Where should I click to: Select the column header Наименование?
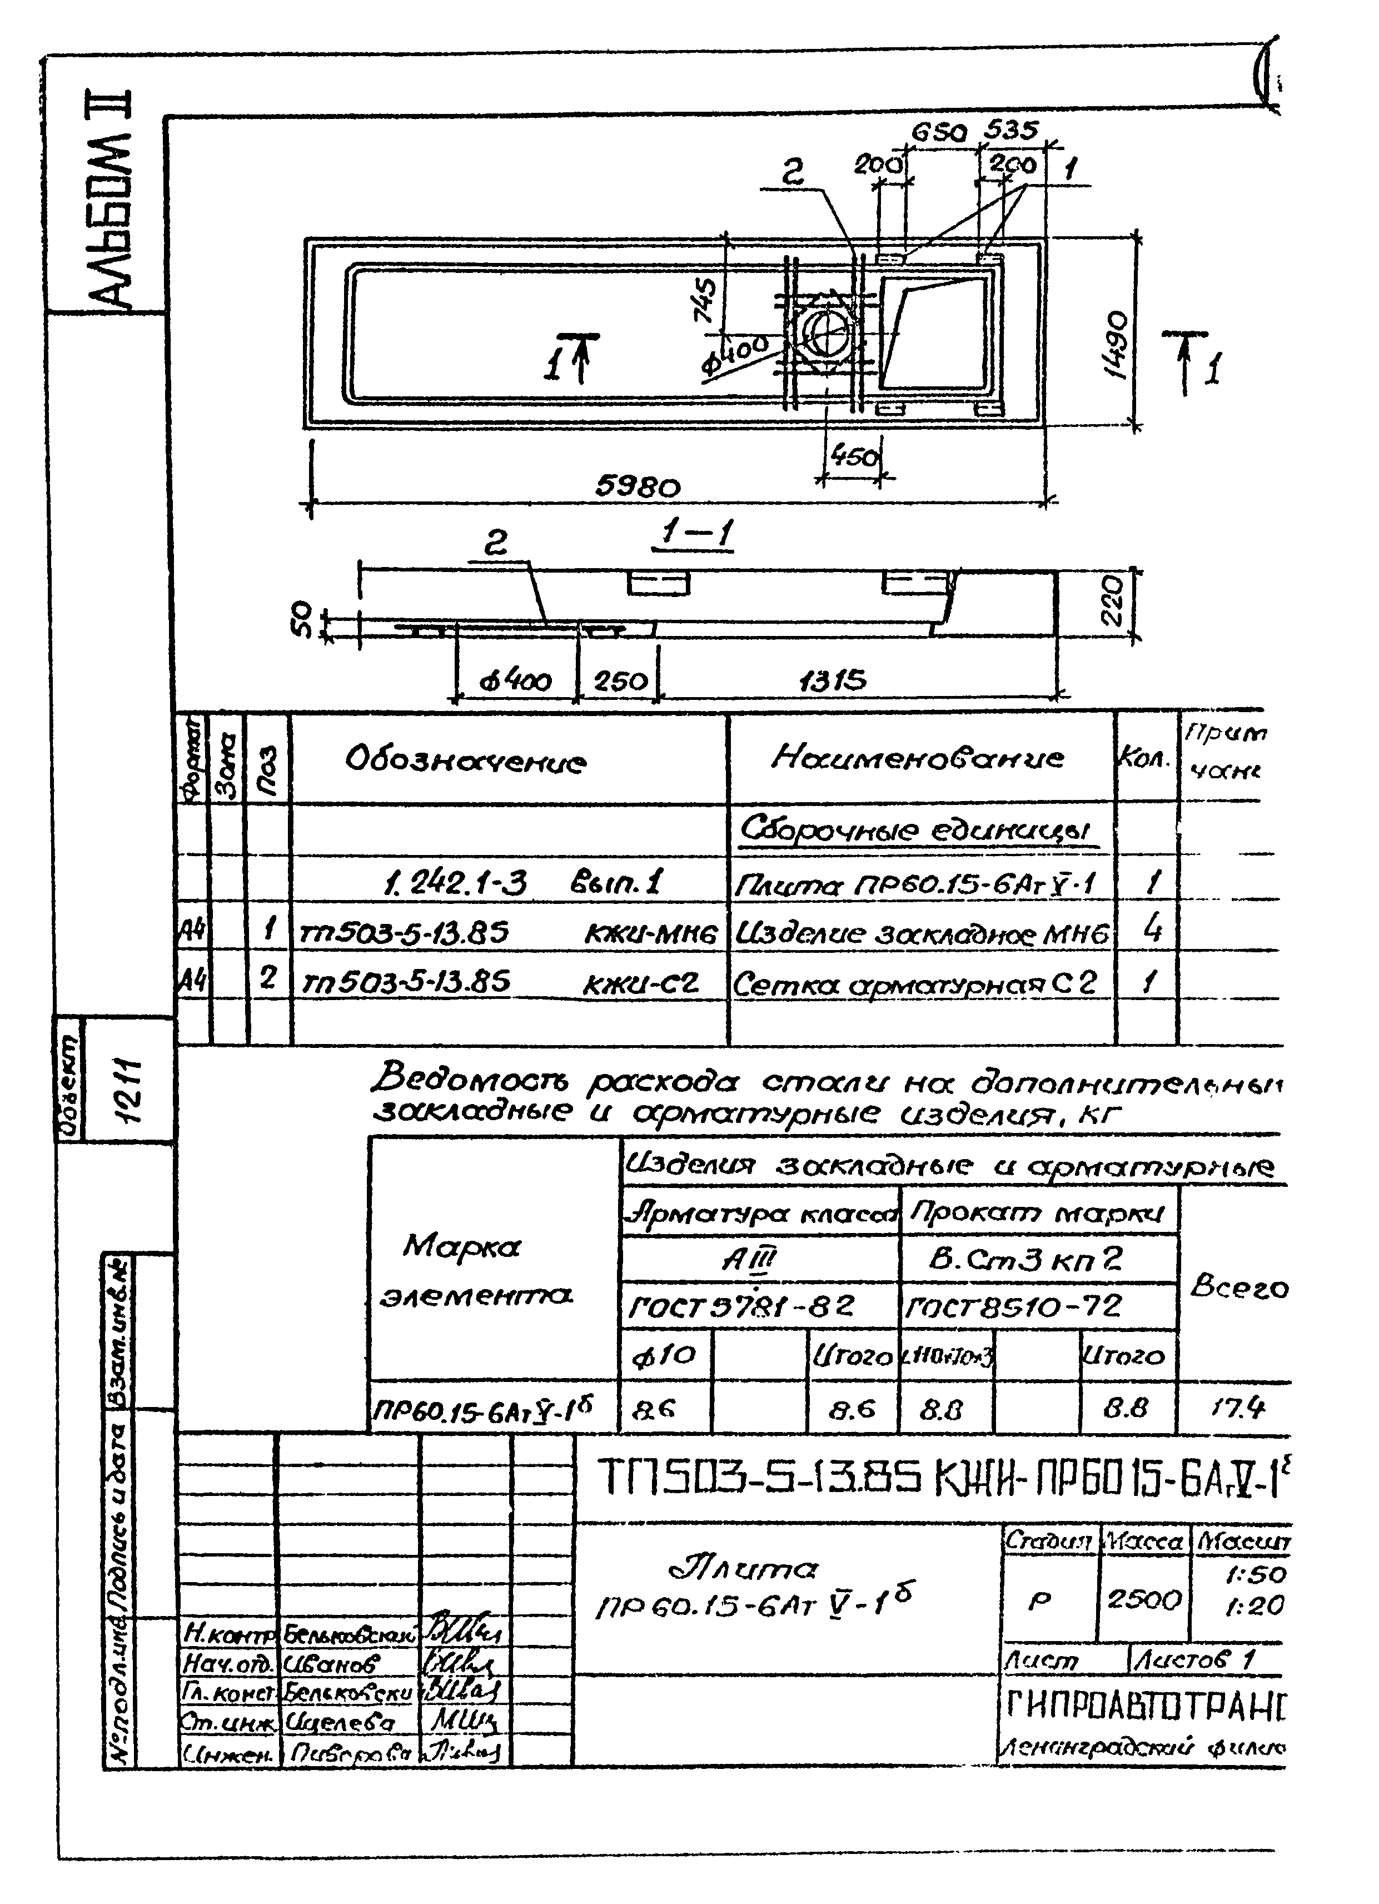917,759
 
